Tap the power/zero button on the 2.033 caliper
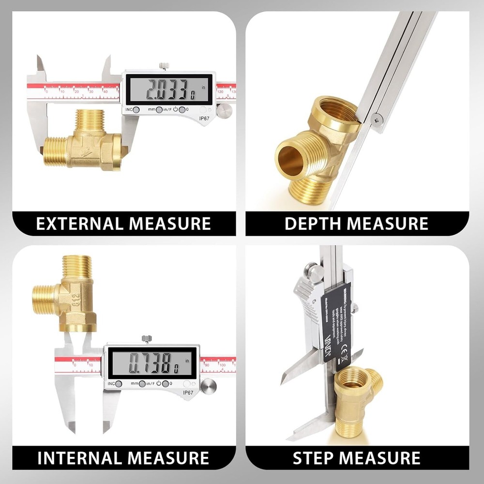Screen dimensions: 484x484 (182, 110)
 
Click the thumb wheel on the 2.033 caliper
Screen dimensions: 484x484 (224, 111)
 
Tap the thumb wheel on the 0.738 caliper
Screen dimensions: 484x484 (209, 386)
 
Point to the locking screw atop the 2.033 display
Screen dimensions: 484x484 (165, 66)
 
